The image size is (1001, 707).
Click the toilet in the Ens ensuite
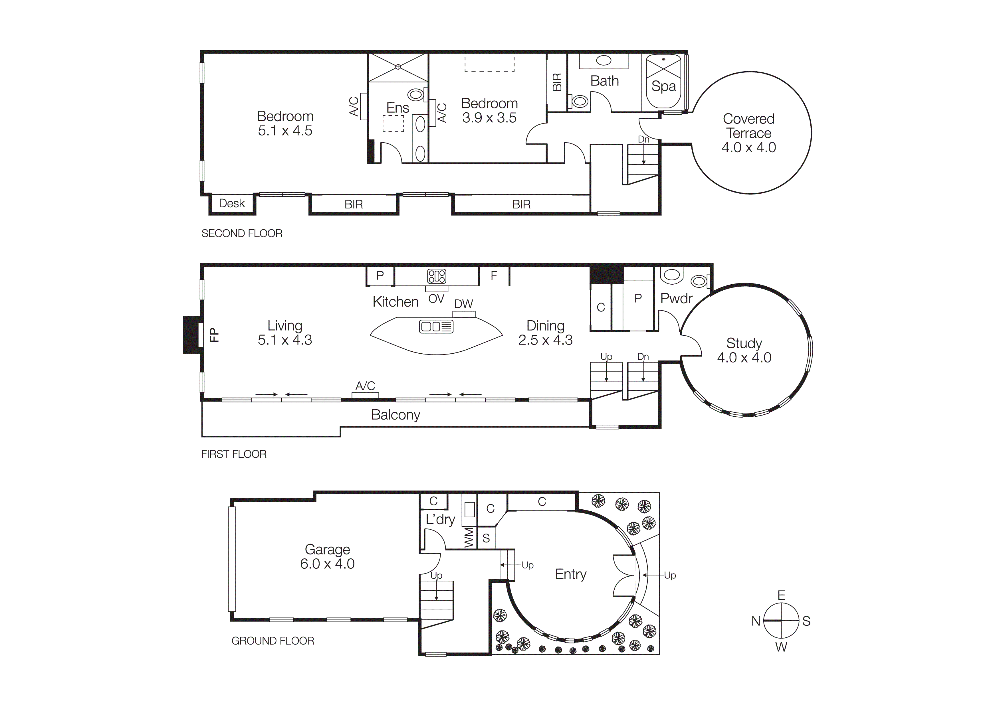click(416, 94)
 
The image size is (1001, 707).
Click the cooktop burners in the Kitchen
click(436, 276)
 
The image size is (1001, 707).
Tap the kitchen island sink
click(436, 326)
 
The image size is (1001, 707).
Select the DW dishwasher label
click(463, 304)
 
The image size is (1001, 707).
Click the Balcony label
click(395, 415)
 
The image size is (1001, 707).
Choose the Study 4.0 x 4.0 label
click(744, 350)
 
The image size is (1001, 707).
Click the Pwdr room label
click(676, 298)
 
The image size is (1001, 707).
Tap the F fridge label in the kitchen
click(494, 276)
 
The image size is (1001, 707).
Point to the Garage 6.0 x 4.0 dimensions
click(327, 564)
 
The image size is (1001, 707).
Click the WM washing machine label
click(469, 538)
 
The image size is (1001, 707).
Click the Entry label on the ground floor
click(571, 574)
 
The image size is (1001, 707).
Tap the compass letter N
click(756, 621)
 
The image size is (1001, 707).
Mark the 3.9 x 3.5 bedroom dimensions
click(489, 118)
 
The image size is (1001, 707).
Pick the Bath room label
click(604, 81)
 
